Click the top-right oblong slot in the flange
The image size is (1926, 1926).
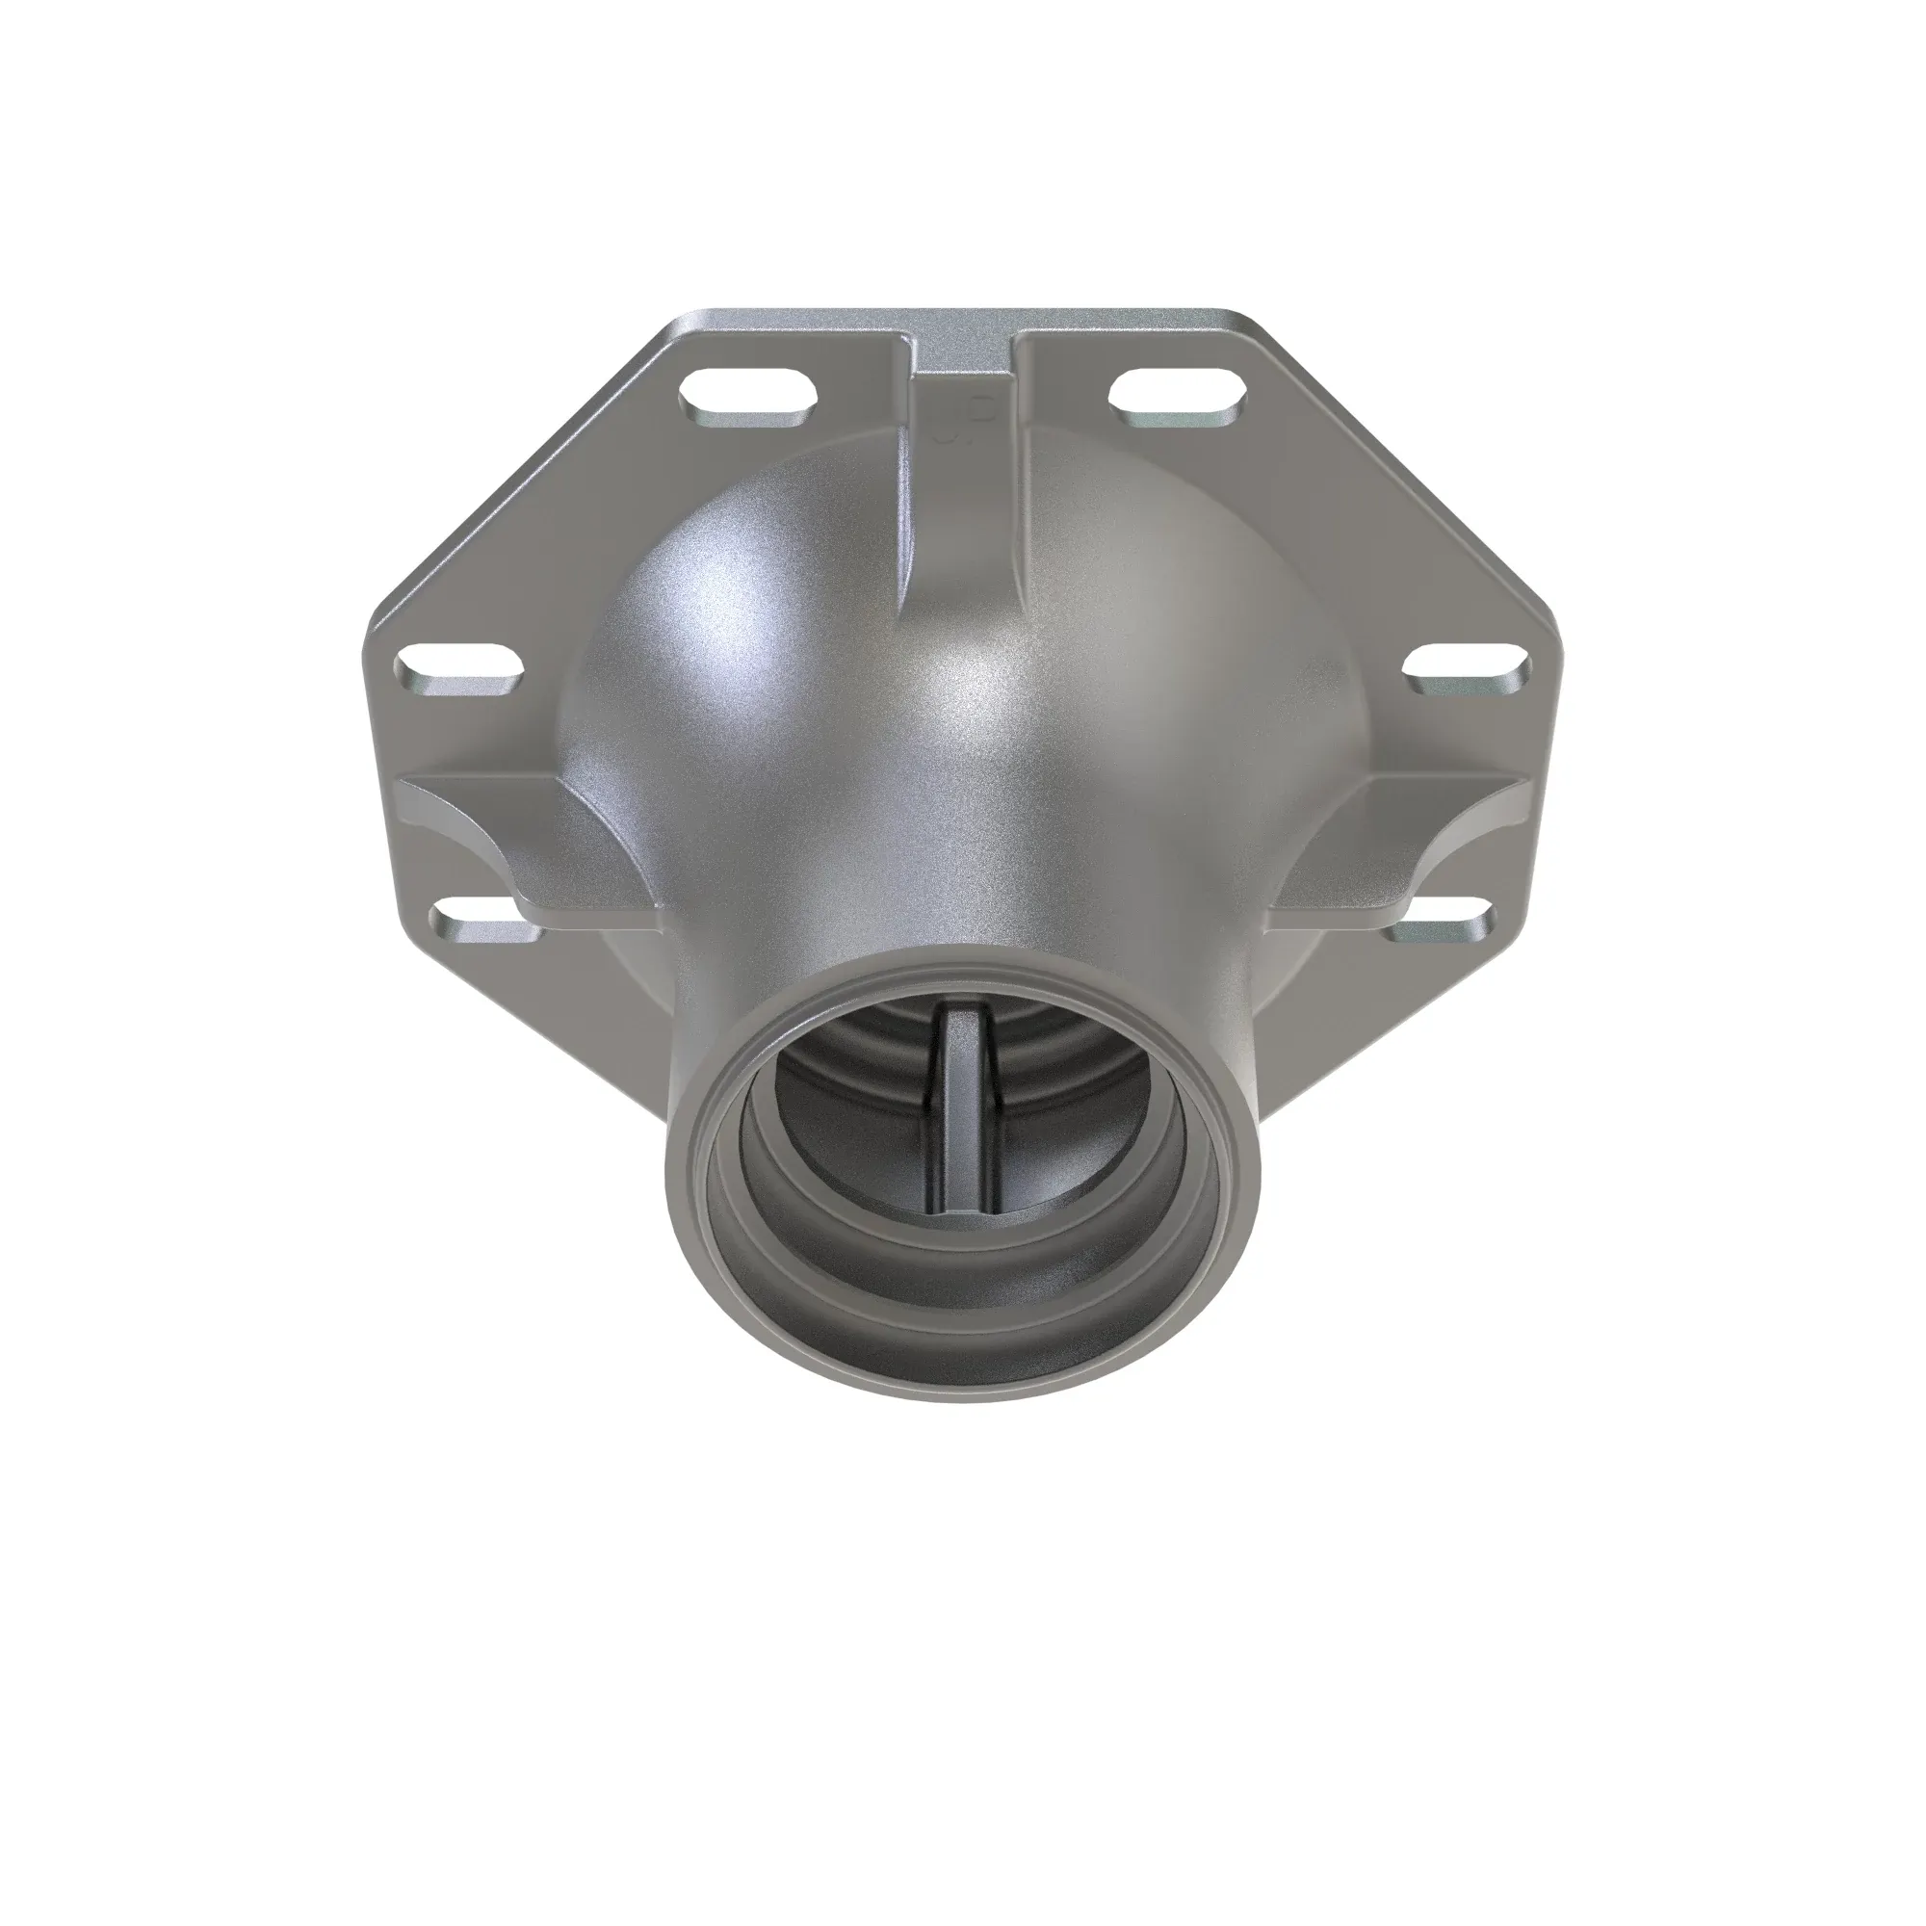[1178, 394]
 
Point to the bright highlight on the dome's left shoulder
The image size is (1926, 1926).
[738, 618]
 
